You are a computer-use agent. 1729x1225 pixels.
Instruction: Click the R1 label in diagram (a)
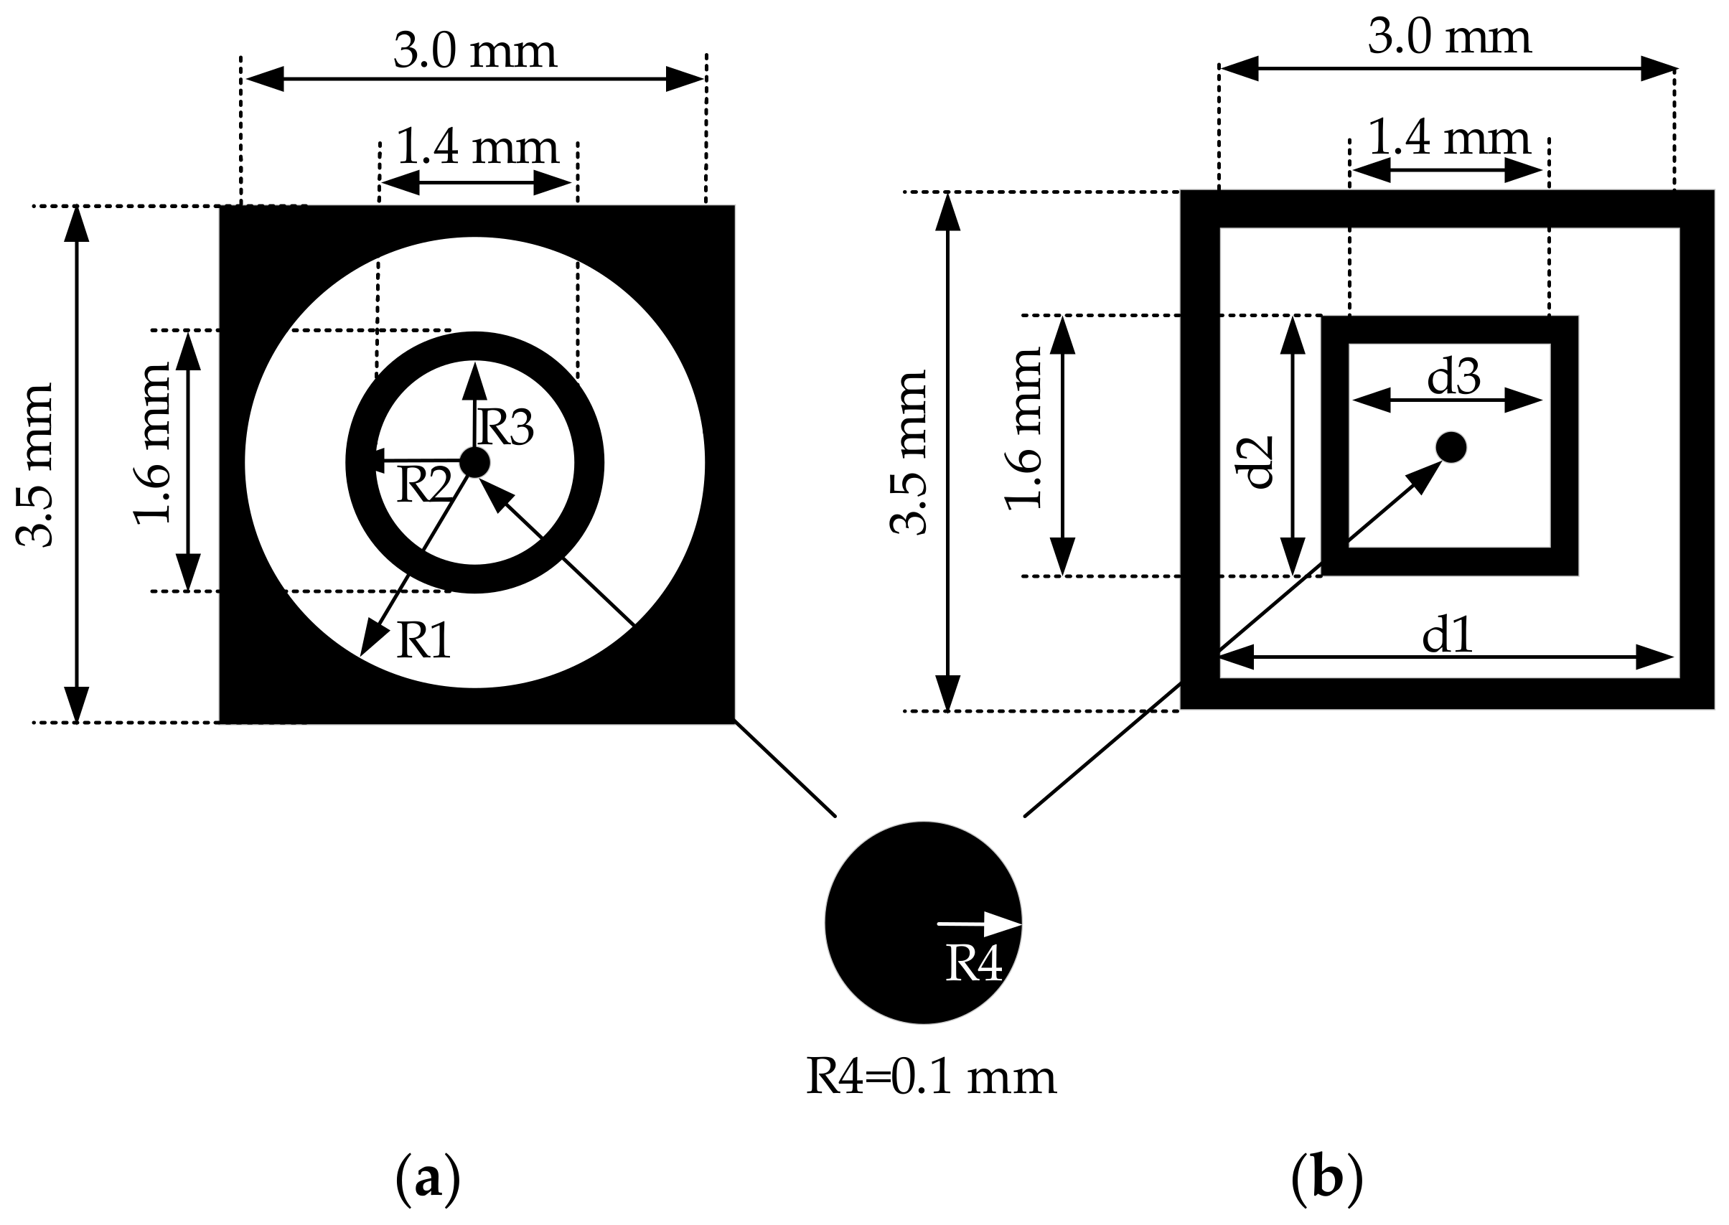click(423, 641)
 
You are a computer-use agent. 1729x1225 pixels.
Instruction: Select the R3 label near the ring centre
click(506, 427)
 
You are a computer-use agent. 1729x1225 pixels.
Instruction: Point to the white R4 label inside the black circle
click(973, 963)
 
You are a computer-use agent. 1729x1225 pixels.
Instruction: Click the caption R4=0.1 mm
click(931, 1076)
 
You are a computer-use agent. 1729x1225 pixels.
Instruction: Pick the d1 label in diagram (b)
click(1447, 635)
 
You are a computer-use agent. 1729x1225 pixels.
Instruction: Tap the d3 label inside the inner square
click(1453, 377)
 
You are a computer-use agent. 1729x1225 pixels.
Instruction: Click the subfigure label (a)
click(427, 1179)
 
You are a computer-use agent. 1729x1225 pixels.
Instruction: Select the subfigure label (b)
click(1327, 1179)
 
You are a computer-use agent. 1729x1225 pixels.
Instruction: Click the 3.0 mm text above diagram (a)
click(474, 51)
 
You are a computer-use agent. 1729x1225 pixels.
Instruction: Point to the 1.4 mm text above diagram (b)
click(1448, 138)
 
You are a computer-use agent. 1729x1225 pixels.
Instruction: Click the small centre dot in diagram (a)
click(474, 462)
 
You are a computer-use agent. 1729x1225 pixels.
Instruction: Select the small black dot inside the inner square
click(1451, 447)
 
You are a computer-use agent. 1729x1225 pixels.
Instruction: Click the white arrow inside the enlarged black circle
click(978, 924)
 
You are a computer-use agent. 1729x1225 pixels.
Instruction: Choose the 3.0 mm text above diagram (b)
click(1449, 37)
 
